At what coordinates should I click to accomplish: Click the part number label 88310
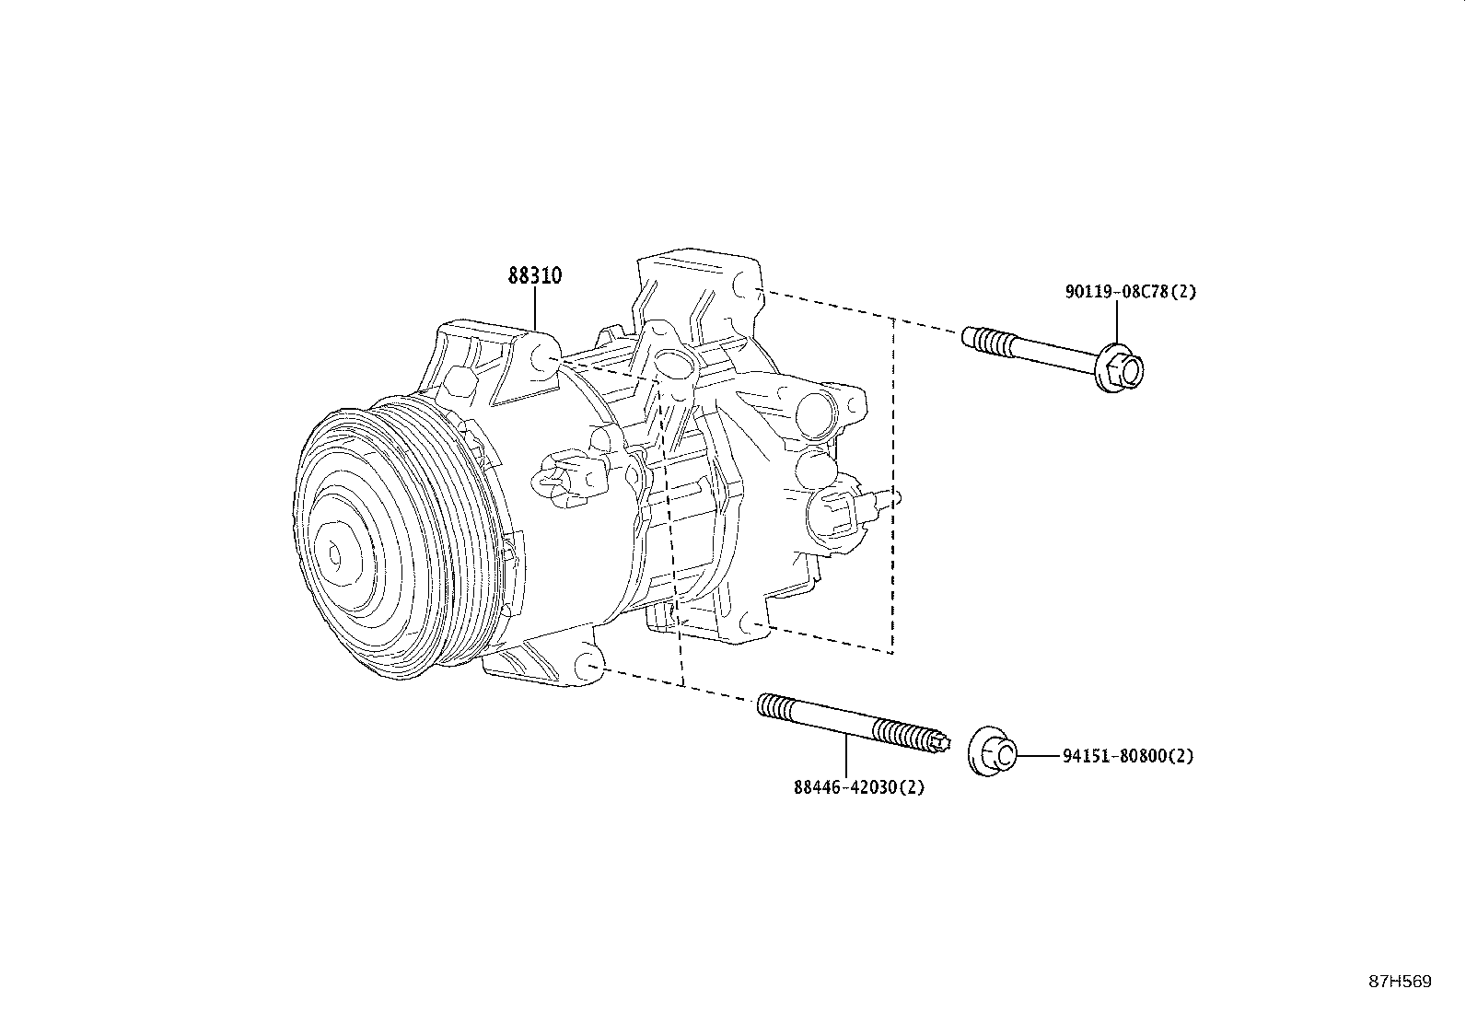(x=535, y=275)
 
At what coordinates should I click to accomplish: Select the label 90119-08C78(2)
(x=1130, y=292)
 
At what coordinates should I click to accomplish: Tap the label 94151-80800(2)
(x=1127, y=756)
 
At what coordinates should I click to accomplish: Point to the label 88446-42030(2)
(x=858, y=787)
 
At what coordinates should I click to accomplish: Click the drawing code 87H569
(x=1400, y=982)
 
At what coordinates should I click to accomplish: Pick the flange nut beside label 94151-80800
(x=993, y=754)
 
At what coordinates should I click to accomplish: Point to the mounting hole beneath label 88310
(x=544, y=357)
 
